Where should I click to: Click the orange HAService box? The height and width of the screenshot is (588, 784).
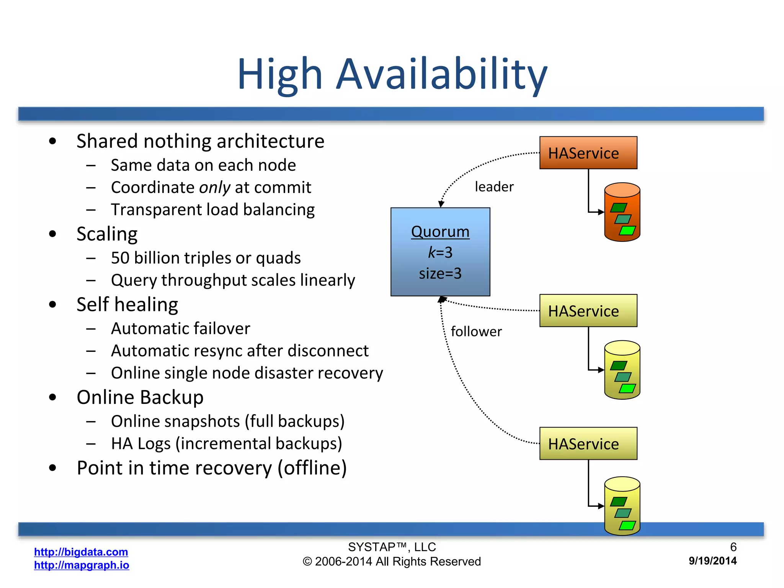click(588, 153)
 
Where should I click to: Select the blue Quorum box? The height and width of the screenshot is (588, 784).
click(440, 252)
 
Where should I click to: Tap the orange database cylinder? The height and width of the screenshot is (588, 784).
click(622, 212)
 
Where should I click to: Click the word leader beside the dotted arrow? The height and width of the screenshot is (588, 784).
click(494, 187)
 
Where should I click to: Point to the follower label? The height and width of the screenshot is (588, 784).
click(476, 332)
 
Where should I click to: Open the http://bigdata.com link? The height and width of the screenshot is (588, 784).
click(81, 552)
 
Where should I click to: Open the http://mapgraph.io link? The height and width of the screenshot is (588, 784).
click(82, 565)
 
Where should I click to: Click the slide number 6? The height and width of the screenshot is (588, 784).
click(733, 547)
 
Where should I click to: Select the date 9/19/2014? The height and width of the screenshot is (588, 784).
click(712, 561)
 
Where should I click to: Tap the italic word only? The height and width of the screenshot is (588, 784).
click(214, 188)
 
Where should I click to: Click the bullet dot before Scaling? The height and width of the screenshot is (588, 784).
click(53, 234)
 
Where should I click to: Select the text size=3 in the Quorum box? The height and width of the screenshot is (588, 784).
click(440, 273)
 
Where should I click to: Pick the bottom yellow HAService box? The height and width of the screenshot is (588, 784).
click(588, 443)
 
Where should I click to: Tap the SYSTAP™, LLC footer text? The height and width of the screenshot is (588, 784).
click(392, 547)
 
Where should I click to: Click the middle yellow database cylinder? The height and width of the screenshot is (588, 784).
click(622, 370)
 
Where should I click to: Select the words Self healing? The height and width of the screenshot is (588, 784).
click(127, 305)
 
